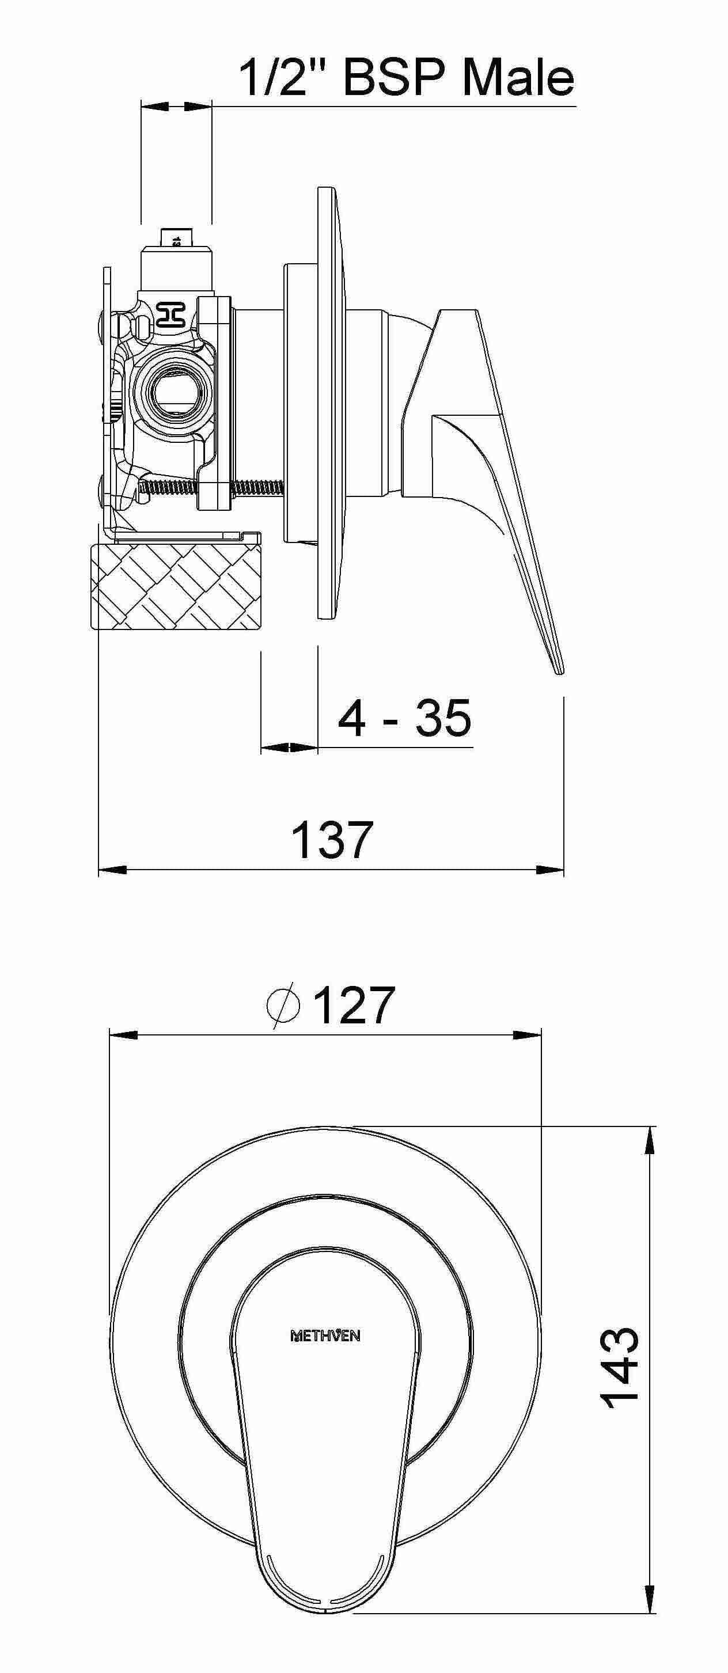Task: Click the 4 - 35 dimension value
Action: [x=404, y=719]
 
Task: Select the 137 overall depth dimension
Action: [x=332, y=839]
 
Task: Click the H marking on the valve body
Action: [x=172, y=314]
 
